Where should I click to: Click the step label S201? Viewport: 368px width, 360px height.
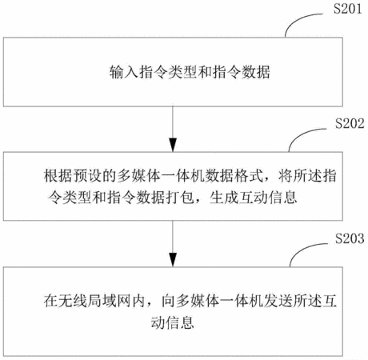[x=348, y=9]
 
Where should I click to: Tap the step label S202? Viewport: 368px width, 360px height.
[x=350, y=123]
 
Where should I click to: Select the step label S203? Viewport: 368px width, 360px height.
[x=350, y=238]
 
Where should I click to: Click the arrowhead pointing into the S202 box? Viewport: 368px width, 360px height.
[x=173, y=145]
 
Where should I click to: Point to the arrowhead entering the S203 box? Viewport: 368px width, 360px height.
[x=173, y=260]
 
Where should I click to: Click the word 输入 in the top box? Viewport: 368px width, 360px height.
[x=124, y=72]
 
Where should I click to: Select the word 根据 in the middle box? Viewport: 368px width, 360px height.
[x=58, y=176]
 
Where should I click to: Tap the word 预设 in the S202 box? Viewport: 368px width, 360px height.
[x=88, y=176]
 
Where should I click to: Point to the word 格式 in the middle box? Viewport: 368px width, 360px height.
[x=249, y=176]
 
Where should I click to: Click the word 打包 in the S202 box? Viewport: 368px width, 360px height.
[x=180, y=198]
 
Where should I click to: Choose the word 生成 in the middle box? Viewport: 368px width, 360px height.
[x=224, y=198]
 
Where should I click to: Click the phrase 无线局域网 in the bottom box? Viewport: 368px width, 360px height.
[x=102, y=301]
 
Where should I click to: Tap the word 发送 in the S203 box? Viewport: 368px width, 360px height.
[x=278, y=301]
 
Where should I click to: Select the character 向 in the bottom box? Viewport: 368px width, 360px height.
[x=169, y=301]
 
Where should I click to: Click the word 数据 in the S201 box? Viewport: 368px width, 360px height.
[x=256, y=72]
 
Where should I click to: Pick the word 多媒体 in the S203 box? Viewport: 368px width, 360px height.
[x=198, y=301]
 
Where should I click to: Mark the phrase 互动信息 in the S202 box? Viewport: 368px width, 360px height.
[x=268, y=198]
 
